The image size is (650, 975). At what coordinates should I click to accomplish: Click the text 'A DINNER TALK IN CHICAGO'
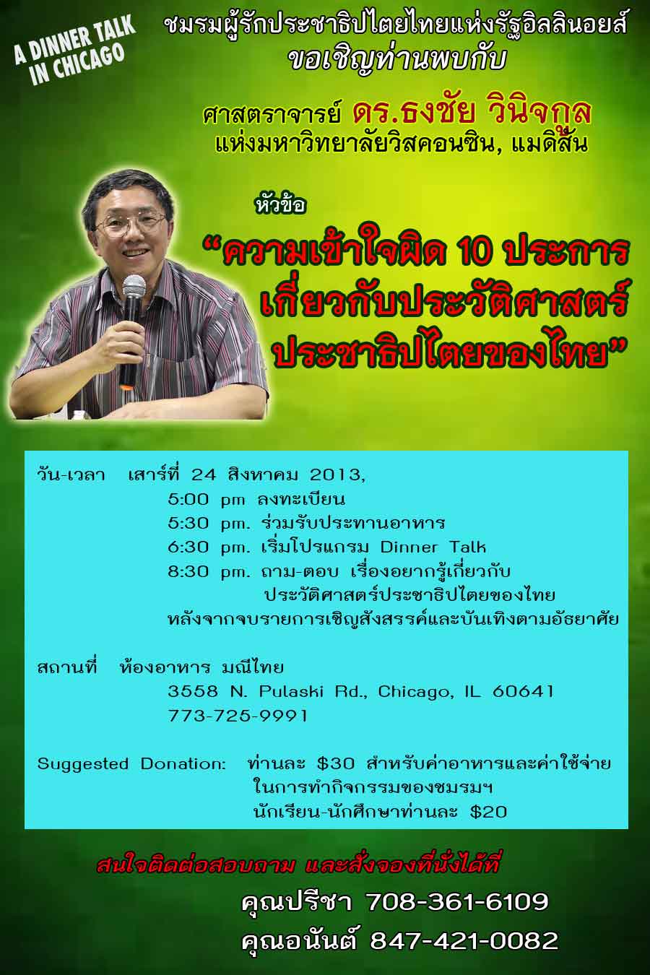pos(74,50)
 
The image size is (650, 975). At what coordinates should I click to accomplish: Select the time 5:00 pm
pos(207,500)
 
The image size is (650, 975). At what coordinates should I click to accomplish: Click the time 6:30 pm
pos(209,547)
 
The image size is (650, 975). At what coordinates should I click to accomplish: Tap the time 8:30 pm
pos(209,571)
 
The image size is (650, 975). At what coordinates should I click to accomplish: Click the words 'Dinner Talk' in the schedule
pos(433,547)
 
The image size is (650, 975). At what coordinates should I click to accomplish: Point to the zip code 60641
pos(523,691)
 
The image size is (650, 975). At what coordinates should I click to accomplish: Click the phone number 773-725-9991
pos(238,715)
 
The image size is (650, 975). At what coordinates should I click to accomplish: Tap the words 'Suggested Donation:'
pos(131,764)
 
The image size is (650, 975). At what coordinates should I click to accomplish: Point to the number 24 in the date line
pos(204,474)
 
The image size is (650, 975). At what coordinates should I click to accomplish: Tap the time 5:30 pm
pos(209,523)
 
